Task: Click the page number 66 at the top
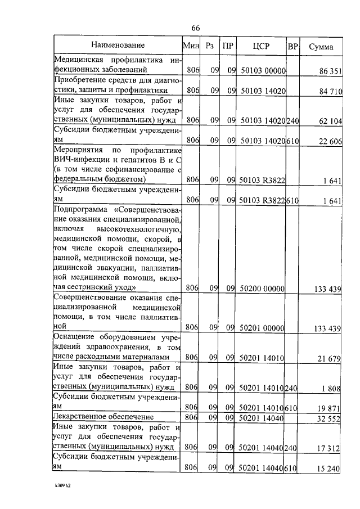(196, 29)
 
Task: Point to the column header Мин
(191, 46)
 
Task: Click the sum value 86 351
(330, 71)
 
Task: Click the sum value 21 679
(330, 357)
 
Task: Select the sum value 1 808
(332, 388)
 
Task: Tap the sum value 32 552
(330, 417)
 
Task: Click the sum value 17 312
(330, 447)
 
